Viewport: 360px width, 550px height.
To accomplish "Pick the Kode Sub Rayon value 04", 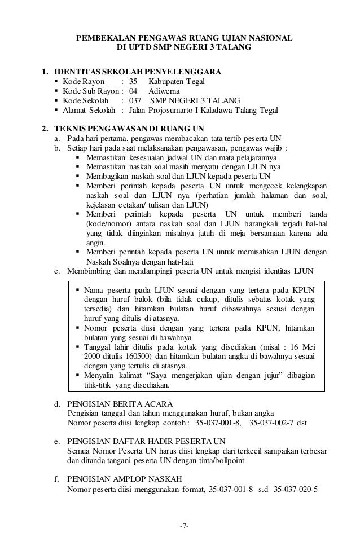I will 133,91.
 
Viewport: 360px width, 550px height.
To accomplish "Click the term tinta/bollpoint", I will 222,460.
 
